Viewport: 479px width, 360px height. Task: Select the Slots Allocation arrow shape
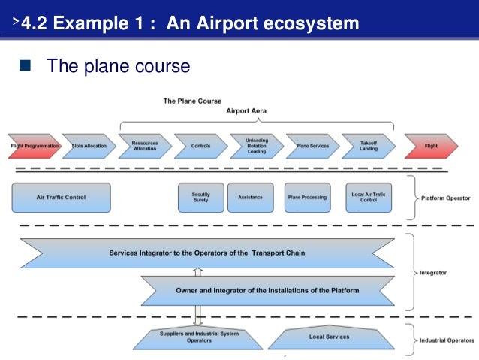coord(89,145)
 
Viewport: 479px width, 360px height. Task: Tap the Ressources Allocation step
coord(145,145)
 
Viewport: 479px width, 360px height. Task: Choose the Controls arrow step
coord(200,145)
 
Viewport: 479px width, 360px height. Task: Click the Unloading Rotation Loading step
coord(256,145)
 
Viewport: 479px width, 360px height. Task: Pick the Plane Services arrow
coord(312,145)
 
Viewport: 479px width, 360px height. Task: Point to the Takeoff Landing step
coord(368,145)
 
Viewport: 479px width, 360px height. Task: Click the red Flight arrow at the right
coord(431,145)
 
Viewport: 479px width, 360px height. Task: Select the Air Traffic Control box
coord(62,197)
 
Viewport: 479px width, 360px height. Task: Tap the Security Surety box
coord(200,197)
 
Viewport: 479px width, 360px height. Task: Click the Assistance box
coord(250,197)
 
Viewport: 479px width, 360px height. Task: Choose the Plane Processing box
coord(307,197)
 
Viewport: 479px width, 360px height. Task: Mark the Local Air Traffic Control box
coord(369,197)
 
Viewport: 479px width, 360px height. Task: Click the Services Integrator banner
coord(207,253)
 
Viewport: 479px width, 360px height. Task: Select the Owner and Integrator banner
coord(267,289)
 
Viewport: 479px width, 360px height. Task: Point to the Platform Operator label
coord(446,198)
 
